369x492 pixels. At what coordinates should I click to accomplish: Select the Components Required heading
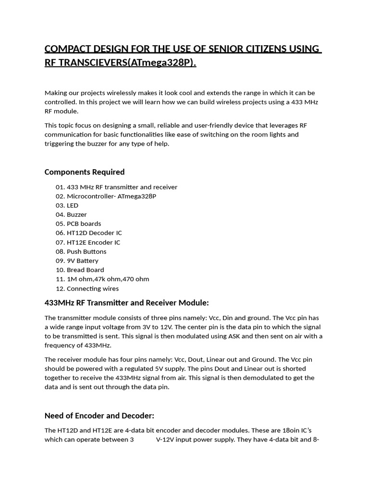pyautogui.click(x=85, y=172)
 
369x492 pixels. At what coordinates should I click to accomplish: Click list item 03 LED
pyautogui.click(x=73, y=205)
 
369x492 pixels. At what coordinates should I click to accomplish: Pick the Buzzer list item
pyautogui.click(x=77, y=214)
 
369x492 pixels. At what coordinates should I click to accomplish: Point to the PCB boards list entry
pyautogui.click(x=84, y=223)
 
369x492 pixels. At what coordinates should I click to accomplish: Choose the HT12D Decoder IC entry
pyautogui.click(x=94, y=233)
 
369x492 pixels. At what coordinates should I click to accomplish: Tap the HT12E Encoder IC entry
pyautogui.click(x=93, y=242)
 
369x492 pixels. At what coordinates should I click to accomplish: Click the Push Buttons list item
pyautogui.click(x=86, y=251)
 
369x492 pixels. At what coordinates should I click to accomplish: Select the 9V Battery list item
pyautogui.click(x=83, y=260)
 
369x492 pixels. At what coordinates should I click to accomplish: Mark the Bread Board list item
pyautogui.click(x=85, y=270)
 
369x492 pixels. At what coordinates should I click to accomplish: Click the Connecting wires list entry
pyautogui.click(x=93, y=288)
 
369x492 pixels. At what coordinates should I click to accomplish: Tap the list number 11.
pyautogui.click(x=60, y=279)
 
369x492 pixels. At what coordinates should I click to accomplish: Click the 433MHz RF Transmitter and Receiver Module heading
pyautogui.click(x=127, y=303)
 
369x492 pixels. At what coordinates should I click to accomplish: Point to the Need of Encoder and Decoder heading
pyautogui.click(x=99, y=416)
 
